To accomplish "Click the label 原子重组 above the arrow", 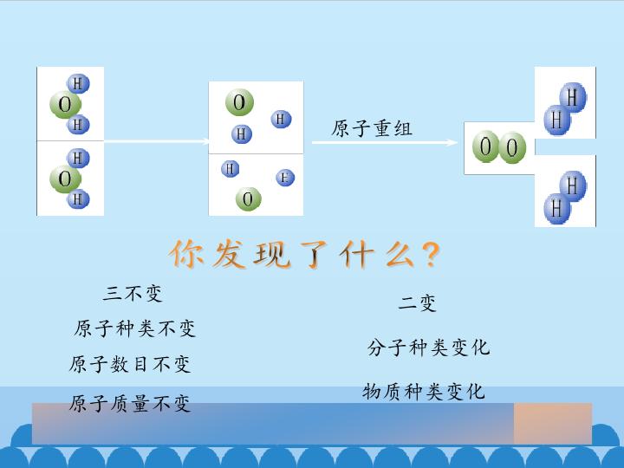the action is click(372, 128).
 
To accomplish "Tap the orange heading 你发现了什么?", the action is click(305, 254).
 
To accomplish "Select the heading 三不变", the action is click(133, 293).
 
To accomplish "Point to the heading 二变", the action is click(417, 302).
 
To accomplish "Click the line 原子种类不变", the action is click(134, 328).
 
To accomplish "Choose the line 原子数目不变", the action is click(130, 364).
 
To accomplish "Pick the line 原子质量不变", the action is click(130, 403).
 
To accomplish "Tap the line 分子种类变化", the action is click(428, 347).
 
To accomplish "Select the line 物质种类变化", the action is click(424, 391).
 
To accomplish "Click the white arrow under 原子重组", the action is click(385, 142).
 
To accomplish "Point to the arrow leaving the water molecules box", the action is click(157, 141).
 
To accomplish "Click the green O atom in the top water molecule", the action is click(65, 105).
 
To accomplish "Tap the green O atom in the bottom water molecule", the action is click(65, 179).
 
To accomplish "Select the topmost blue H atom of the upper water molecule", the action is click(78, 83).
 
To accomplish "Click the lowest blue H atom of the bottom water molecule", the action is click(78, 198).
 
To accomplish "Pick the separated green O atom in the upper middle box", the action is click(239, 102).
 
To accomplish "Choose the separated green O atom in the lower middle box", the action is click(249, 199).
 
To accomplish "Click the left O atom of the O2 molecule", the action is click(485, 146).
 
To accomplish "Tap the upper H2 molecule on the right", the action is click(565, 108).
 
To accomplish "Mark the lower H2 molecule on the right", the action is click(565, 197).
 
